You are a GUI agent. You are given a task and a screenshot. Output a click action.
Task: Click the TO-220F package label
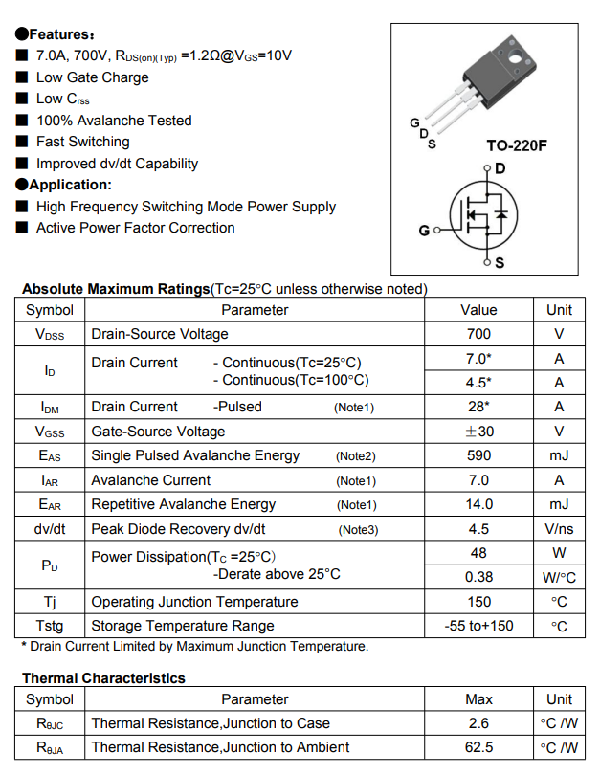coord(517,146)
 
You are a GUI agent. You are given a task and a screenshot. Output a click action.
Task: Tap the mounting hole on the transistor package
coord(518,60)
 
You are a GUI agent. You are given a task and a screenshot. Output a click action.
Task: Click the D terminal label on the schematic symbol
coord(500,168)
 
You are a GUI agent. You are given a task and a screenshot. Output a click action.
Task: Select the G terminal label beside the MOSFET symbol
coord(424,231)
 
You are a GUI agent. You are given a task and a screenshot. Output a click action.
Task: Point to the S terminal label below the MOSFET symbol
coord(500,263)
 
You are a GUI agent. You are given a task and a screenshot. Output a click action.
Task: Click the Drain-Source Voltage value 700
coord(478,334)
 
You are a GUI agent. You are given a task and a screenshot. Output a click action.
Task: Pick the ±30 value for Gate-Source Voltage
coord(478,432)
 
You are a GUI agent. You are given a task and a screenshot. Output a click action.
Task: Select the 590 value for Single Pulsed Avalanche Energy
coord(478,455)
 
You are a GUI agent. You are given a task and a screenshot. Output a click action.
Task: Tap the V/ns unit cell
coord(559,529)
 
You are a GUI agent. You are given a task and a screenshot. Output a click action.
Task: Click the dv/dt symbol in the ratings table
coord(50,529)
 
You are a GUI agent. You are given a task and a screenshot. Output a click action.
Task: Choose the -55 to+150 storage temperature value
coord(478,626)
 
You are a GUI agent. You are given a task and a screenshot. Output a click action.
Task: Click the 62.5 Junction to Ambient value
coord(478,747)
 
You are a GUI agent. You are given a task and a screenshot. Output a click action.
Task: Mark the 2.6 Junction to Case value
coord(478,723)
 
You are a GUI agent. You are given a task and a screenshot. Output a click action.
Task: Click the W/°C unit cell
coord(559,577)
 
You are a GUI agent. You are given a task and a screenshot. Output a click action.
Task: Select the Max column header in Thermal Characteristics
coord(478,699)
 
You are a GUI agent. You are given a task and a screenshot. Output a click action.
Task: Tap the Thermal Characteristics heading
coord(103,678)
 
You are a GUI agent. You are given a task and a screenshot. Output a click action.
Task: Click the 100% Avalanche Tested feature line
coord(114,121)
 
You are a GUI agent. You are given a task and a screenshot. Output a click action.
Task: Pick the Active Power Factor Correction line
coord(135,228)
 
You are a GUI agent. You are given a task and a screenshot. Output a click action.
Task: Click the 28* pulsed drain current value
coord(478,407)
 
